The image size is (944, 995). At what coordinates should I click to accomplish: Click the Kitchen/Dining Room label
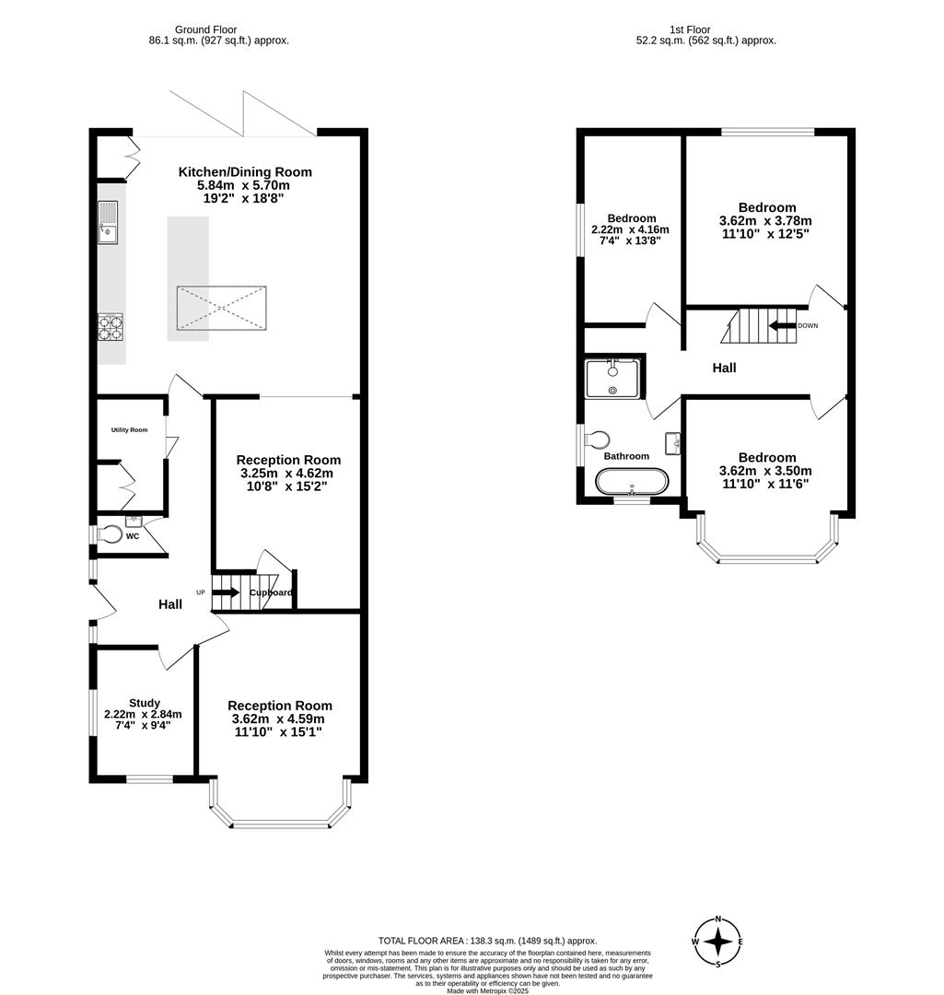[x=245, y=171]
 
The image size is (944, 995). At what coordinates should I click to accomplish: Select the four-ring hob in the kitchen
[x=111, y=327]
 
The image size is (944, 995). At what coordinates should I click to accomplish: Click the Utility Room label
[x=130, y=430]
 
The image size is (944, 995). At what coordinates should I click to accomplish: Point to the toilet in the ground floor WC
[x=110, y=533]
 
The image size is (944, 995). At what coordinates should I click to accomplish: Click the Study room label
[x=144, y=703]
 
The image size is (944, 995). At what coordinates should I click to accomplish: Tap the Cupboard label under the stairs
[x=271, y=592]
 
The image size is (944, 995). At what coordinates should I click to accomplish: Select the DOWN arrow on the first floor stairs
[x=782, y=325]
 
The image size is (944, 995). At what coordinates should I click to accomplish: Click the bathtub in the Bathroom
[x=632, y=481]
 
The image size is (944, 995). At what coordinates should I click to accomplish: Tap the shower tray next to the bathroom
[x=612, y=378]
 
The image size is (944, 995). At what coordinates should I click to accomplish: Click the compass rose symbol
[x=718, y=942]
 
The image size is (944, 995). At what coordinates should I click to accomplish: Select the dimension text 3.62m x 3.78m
[x=765, y=221]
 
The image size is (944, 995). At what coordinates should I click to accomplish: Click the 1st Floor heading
[x=706, y=29]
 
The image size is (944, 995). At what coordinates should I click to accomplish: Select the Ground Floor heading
[x=206, y=29]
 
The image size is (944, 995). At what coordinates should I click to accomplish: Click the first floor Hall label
[x=724, y=368]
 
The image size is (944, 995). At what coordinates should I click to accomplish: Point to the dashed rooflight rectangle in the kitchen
[x=222, y=308]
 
